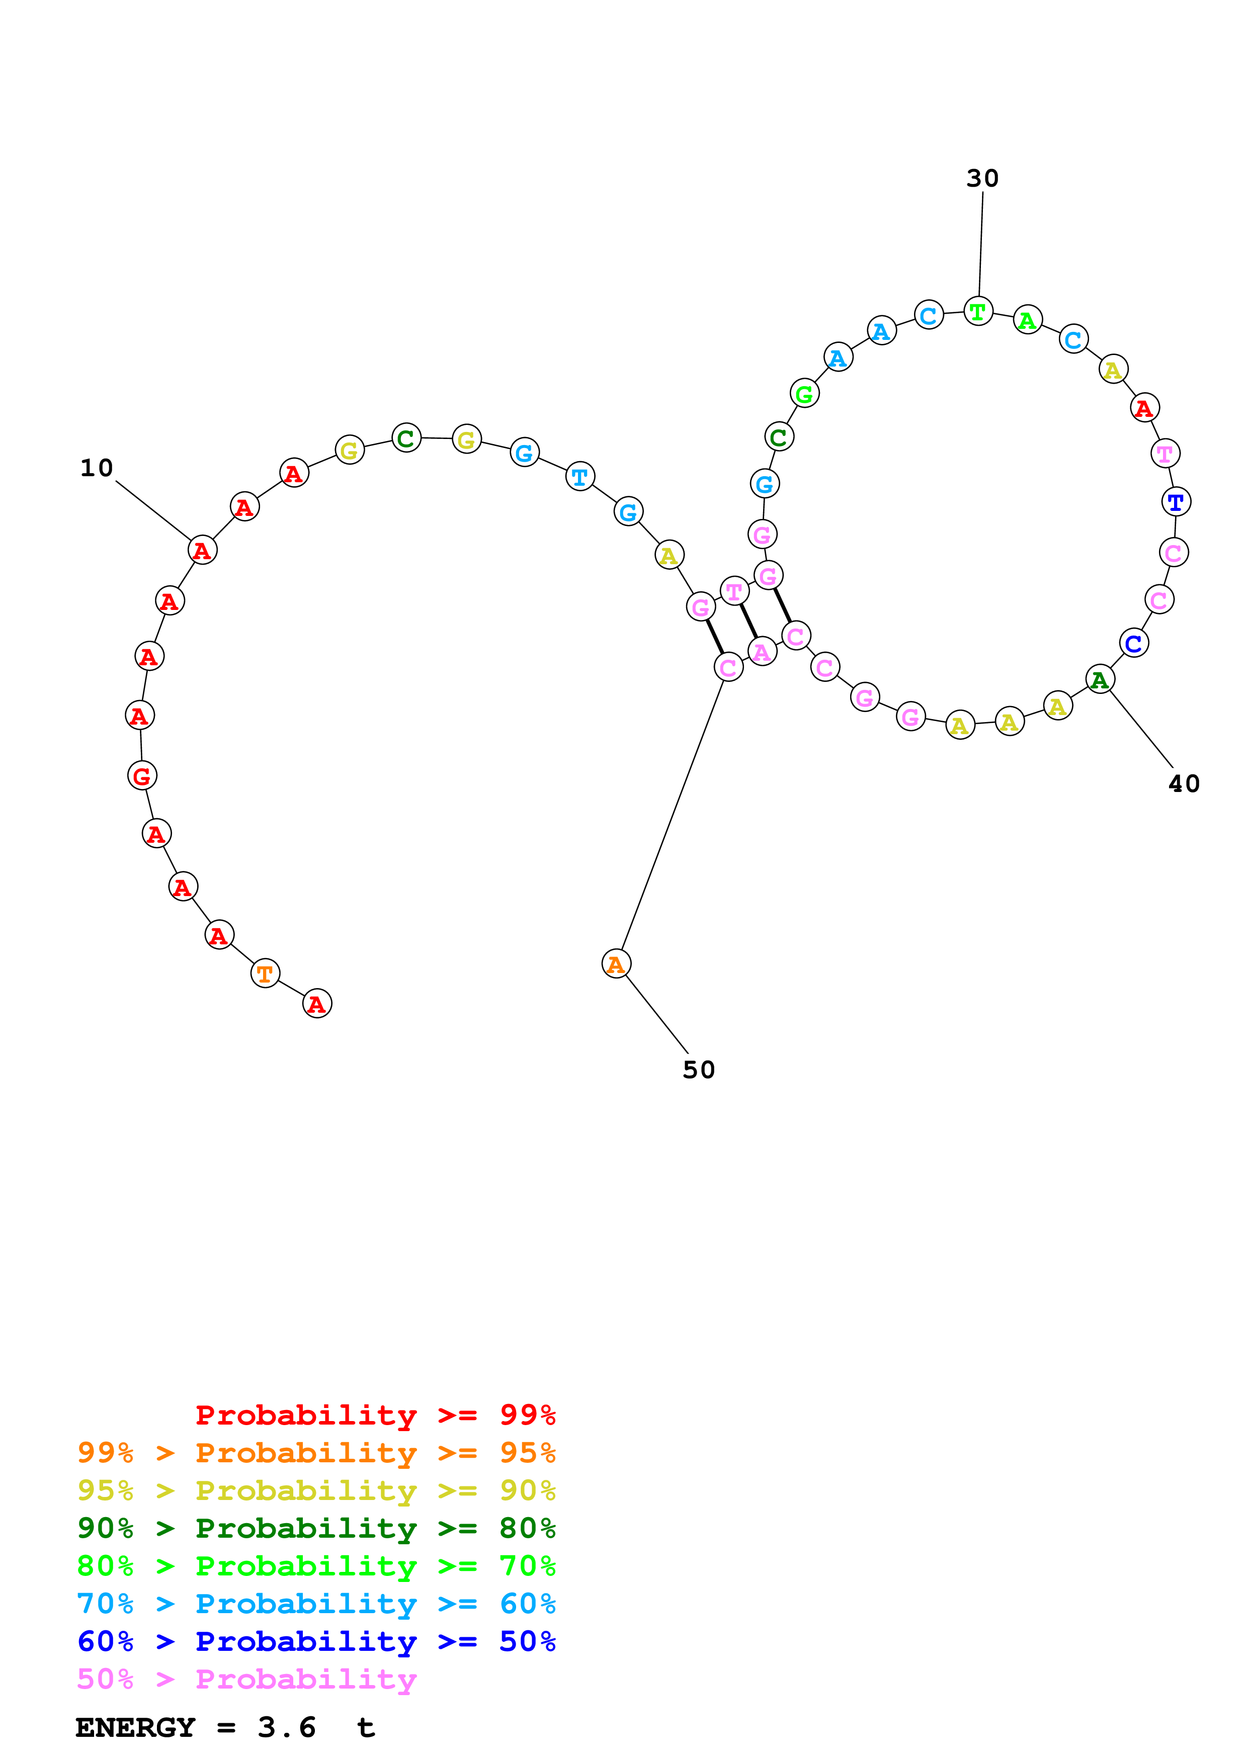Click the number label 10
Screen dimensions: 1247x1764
click(x=97, y=468)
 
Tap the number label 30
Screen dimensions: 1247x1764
click(x=982, y=178)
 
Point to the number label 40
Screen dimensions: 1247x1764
click(x=1183, y=783)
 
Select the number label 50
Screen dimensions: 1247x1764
click(x=698, y=1070)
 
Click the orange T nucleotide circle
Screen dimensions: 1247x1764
click(x=265, y=974)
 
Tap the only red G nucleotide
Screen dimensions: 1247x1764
click(x=142, y=776)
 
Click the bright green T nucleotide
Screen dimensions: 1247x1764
click(x=978, y=311)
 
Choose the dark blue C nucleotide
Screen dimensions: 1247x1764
click(x=1134, y=643)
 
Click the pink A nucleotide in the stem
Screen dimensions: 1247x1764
click(x=762, y=652)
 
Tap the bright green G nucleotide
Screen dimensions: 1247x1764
click(x=804, y=393)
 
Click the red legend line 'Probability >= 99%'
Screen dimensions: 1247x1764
click(x=375, y=1415)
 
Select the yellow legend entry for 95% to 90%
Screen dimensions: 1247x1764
click(x=316, y=1490)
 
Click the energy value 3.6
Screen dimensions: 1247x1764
click(x=287, y=1727)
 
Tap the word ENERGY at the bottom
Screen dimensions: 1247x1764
click(x=135, y=1727)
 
